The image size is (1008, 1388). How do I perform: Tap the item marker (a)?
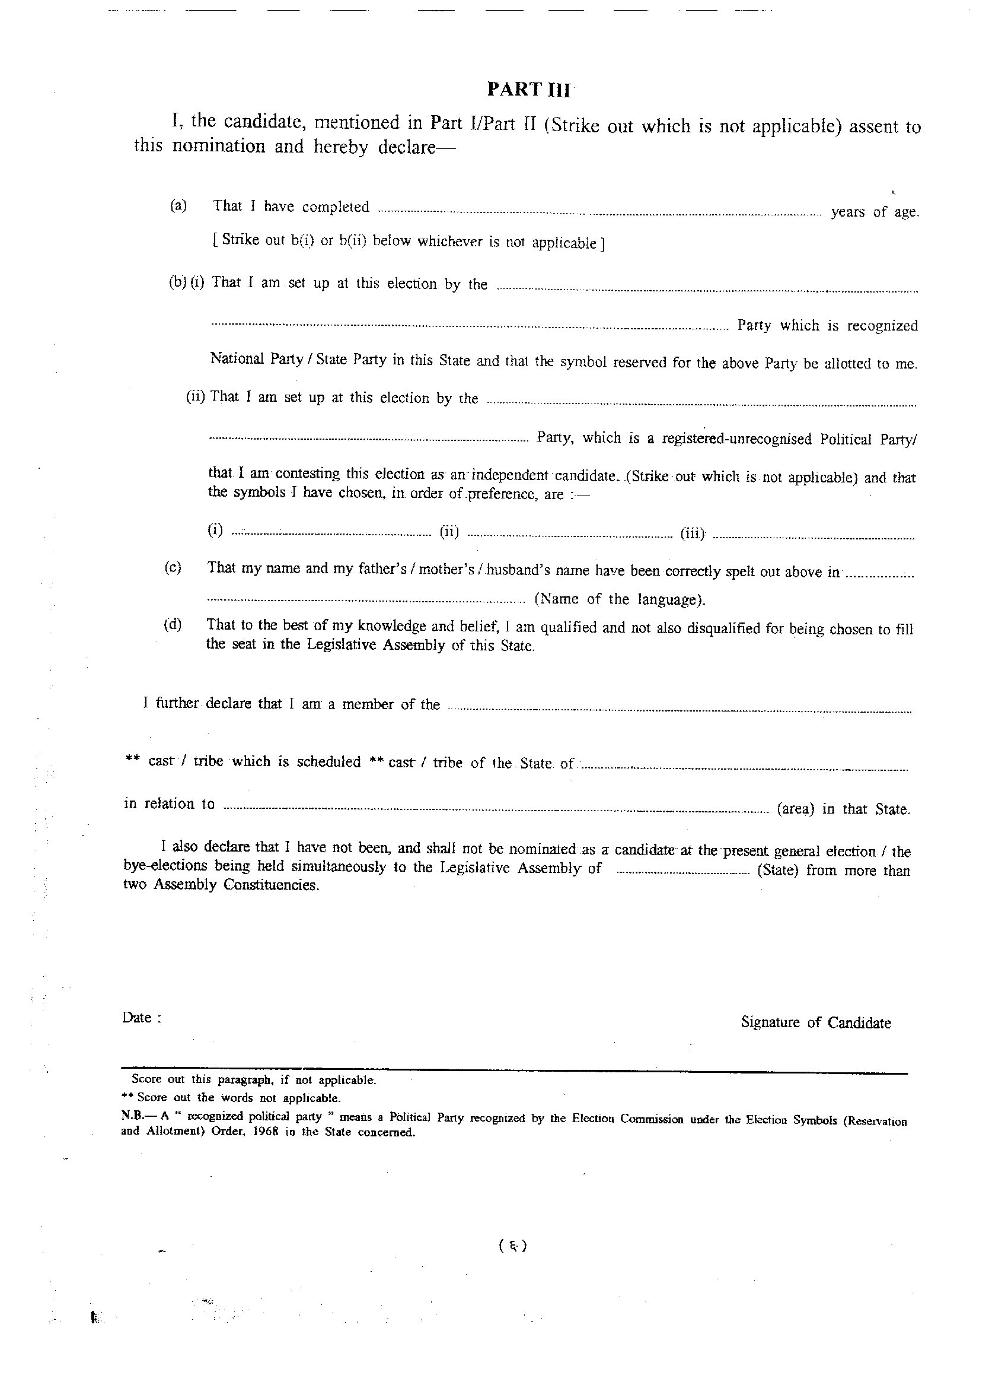[x=178, y=206]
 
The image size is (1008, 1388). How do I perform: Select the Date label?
[x=141, y=1018]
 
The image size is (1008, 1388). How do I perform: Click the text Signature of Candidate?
[x=815, y=1022]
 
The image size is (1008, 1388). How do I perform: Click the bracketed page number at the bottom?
[x=512, y=1246]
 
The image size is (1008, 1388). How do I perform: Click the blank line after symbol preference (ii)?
[x=569, y=536]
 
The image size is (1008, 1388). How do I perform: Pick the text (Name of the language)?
[x=620, y=599]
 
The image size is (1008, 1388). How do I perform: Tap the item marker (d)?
[x=173, y=625]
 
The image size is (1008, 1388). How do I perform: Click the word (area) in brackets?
[x=795, y=809]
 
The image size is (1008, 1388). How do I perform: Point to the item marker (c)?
[x=173, y=567]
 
